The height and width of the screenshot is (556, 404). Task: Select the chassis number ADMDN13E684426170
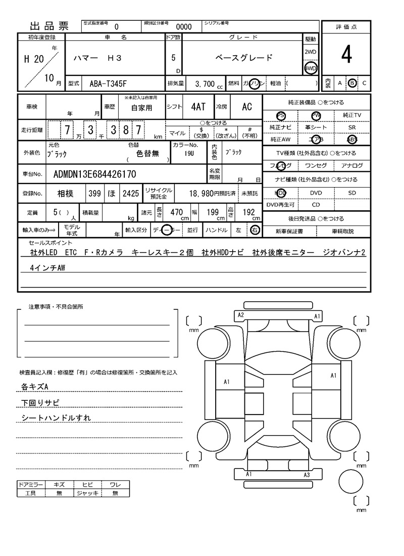[94, 174]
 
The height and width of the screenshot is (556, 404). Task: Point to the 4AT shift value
[198, 107]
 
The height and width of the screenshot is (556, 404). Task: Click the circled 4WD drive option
[310, 68]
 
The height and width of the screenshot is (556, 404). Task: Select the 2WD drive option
[310, 52]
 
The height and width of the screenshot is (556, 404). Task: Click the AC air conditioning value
[246, 107]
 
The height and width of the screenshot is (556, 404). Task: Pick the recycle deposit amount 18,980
[207, 193]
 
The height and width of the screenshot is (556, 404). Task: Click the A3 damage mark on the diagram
[307, 475]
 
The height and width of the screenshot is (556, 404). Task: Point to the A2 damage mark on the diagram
[241, 315]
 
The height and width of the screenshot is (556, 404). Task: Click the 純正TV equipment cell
[352, 115]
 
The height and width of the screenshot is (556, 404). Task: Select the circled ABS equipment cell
[352, 140]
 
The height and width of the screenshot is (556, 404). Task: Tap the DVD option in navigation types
[316, 193]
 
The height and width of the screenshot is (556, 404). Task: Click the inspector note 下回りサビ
[40, 403]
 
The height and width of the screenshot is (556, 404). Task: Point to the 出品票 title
[49, 27]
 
